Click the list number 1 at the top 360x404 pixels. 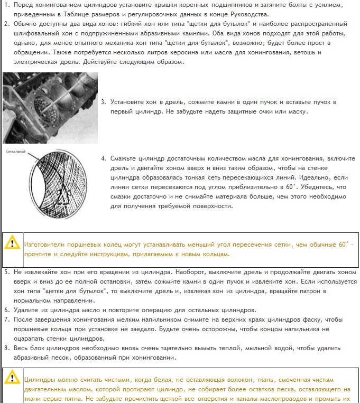click(x=5, y=5)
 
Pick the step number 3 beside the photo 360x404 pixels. click(x=103, y=102)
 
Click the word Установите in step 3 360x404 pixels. click(x=127, y=102)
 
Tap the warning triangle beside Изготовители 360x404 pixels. click(x=11, y=243)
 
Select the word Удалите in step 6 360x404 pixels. click(x=25, y=309)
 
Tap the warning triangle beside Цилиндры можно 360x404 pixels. click(x=11, y=378)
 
